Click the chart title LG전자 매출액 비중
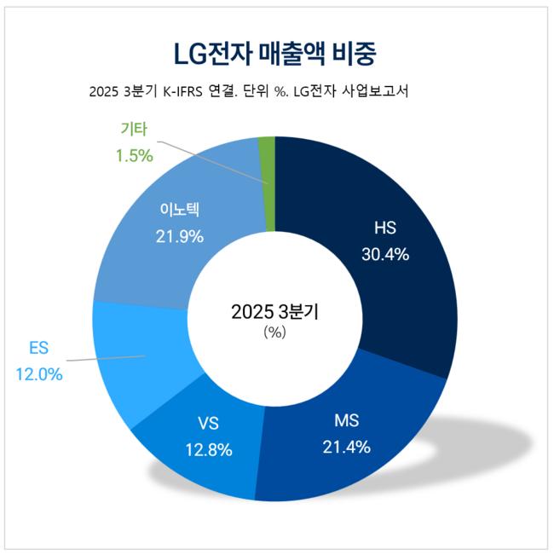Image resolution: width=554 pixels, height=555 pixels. [x=275, y=52]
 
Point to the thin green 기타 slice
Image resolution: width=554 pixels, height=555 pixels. [x=267, y=183]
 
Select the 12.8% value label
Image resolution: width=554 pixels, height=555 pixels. [x=208, y=450]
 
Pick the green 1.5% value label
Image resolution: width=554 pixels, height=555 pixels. [x=134, y=155]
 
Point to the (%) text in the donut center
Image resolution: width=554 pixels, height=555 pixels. [x=275, y=332]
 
